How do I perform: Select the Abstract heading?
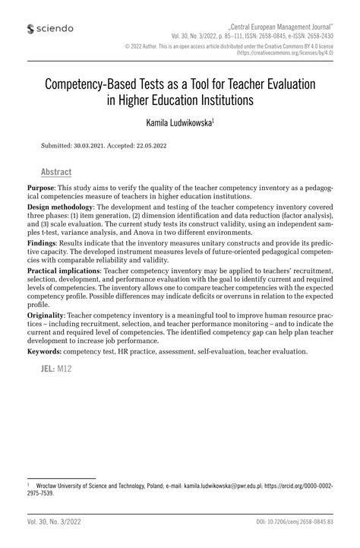click(x=56, y=172)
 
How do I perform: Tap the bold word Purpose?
click(x=40, y=187)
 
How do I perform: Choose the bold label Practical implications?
click(x=65, y=270)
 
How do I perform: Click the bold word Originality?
click(x=46, y=314)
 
